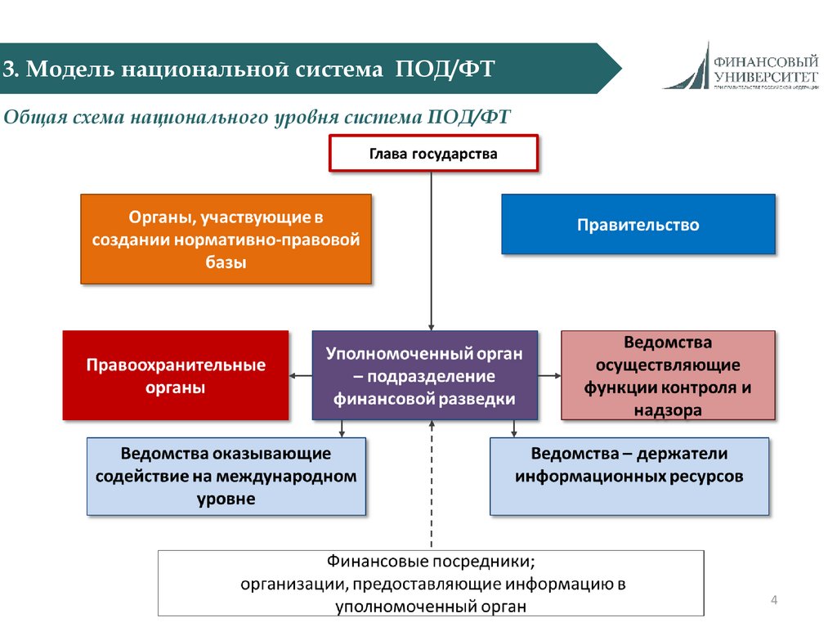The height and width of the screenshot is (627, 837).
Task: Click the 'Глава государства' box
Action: pyautogui.click(x=433, y=154)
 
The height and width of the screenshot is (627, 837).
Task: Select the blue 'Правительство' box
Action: pyautogui.click(x=638, y=224)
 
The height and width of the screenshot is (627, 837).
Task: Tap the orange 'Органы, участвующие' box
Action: pyautogui.click(x=226, y=239)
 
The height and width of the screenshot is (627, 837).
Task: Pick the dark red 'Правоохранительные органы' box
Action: pyautogui.click(x=176, y=375)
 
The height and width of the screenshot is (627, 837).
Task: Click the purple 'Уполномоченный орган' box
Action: pyautogui.click(x=425, y=375)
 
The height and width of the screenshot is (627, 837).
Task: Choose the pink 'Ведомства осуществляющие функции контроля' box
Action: pyautogui.click(x=668, y=375)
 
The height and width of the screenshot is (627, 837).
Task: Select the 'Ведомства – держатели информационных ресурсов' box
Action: pyautogui.click(x=629, y=476)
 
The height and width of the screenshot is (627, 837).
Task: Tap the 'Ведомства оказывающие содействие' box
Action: pyautogui.click(x=226, y=476)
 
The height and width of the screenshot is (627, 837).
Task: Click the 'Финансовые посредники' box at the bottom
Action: pyautogui.click(x=431, y=583)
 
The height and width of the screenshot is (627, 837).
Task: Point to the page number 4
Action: pyautogui.click(x=774, y=602)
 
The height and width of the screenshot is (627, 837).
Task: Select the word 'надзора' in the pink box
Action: pyautogui.click(x=668, y=410)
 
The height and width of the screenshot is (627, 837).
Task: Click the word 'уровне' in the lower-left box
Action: pyautogui.click(x=226, y=499)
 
